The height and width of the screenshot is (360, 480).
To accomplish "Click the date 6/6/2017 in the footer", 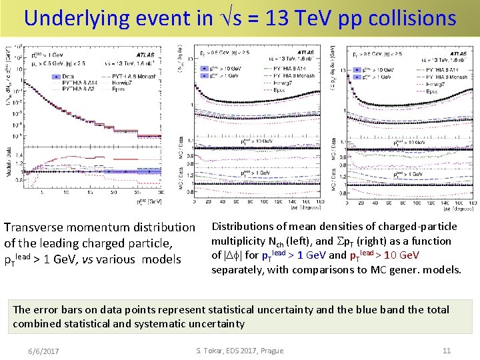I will pyautogui.click(x=43, y=351).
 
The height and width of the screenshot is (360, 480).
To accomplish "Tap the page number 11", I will pyautogui.click(x=447, y=351).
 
